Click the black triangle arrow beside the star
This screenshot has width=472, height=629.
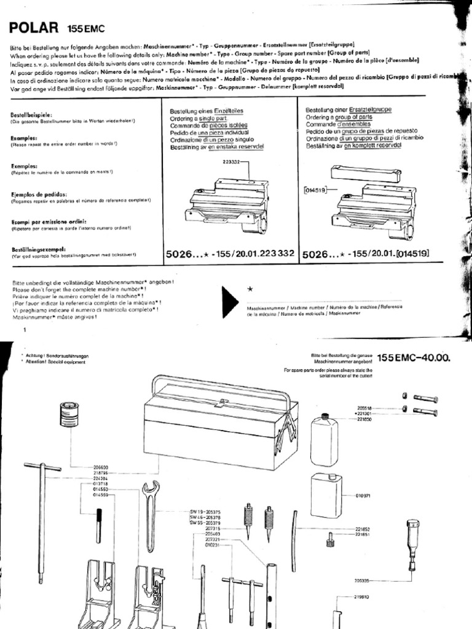tap(229, 301)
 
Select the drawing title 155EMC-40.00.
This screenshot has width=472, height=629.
tap(412, 357)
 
